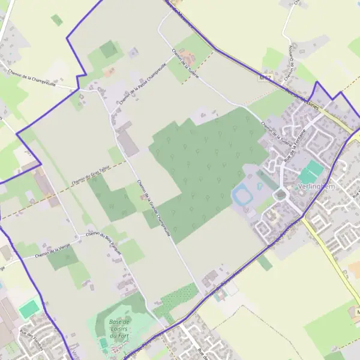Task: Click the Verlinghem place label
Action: point(316,187)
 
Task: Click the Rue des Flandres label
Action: point(34,340)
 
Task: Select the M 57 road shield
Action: point(266,78)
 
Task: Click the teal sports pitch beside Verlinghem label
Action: point(310,172)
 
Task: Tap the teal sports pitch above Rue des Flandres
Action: point(28,310)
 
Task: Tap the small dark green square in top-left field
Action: point(56,20)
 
